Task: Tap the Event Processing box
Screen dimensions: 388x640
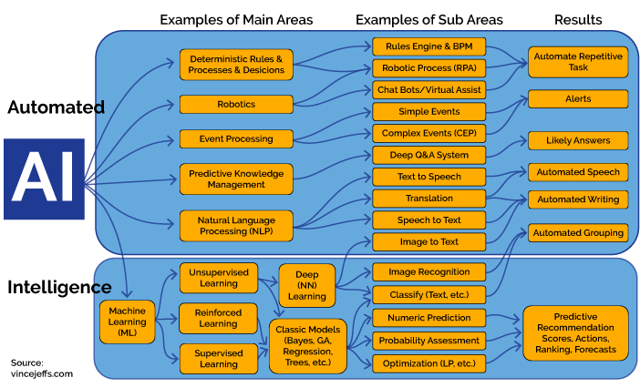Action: coord(236,138)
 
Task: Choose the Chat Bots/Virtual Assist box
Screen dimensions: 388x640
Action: coord(428,90)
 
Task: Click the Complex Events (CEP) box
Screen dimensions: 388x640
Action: coord(428,133)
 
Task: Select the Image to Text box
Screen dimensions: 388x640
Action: coord(428,241)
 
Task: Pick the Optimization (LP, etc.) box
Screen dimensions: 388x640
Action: coord(428,362)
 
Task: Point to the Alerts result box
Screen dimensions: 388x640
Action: coord(577,98)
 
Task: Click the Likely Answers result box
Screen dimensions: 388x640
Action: coord(577,140)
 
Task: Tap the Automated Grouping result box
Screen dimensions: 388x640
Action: coord(577,232)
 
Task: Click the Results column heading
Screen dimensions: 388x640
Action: coord(579,19)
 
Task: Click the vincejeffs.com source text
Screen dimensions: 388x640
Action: coord(42,373)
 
